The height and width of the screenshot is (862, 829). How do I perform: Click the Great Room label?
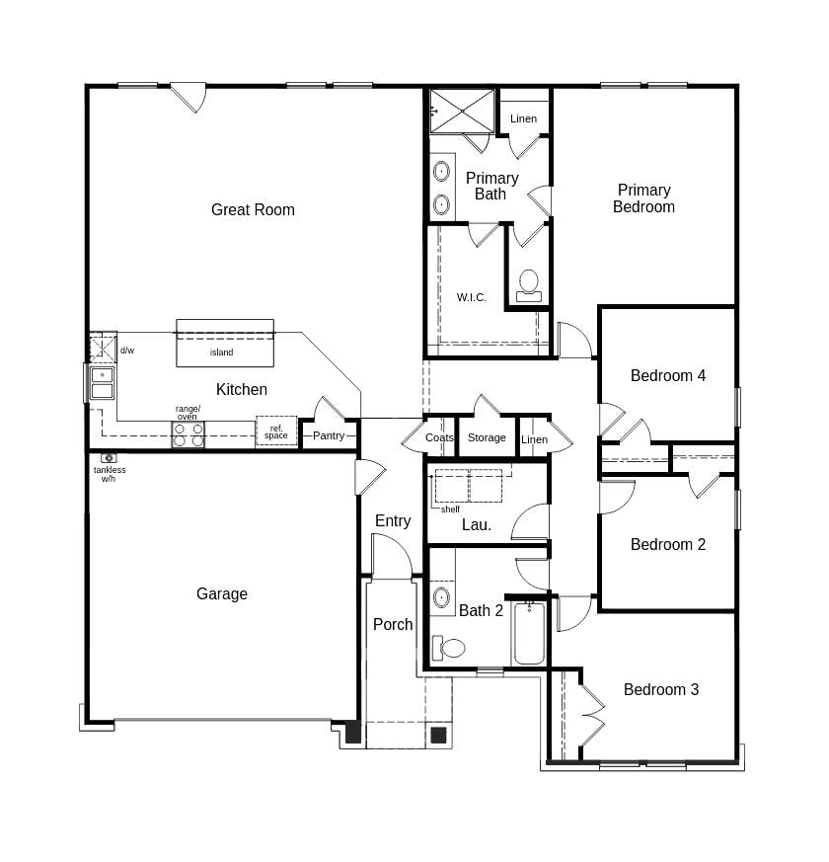(253, 209)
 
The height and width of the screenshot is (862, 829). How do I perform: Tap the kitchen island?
(224, 343)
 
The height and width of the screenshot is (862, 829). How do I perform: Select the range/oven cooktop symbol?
(188, 434)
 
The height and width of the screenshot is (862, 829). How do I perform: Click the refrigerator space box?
(276, 431)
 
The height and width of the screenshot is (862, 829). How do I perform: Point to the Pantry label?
(329, 435)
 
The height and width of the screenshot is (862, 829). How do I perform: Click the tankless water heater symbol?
(109, 458)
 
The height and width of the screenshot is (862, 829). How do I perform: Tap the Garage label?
(221, 593)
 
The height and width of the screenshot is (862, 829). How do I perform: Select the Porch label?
(393, 624)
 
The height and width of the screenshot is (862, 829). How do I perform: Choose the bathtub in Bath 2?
(528, 634)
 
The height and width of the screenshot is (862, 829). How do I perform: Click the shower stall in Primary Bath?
(461, 110)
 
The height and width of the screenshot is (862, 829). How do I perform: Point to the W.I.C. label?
(471, 297)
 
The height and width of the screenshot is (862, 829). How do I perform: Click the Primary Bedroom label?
(643, 198)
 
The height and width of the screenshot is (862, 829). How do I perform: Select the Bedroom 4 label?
(668, 375)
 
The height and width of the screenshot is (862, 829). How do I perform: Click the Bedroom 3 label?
(660, 689)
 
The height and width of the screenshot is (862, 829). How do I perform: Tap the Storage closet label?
(487, 437)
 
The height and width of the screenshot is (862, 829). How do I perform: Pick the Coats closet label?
(439, 437)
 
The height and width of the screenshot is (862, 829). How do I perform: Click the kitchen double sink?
(102, 383)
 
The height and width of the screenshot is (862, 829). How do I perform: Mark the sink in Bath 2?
(441, 596)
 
